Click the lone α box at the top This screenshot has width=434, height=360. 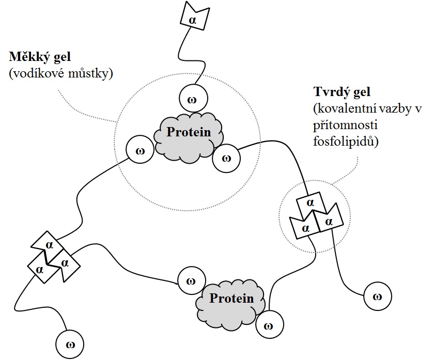tap(193, 19)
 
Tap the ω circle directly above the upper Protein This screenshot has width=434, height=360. tap(193, 97)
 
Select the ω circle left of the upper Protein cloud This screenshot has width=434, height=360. tap(139, 150)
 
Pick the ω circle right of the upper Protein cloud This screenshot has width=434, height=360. tap(226, 158)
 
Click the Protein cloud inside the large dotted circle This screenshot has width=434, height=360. tap(189, 133)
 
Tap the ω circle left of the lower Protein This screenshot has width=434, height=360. tap(191, 281)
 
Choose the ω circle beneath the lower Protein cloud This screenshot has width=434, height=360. tap(268, 325)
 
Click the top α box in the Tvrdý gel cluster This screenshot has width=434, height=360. tap(310, 203)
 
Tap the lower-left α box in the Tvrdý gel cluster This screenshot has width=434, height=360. tap(305, 227)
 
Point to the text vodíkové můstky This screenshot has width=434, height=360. tap(61, 73)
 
